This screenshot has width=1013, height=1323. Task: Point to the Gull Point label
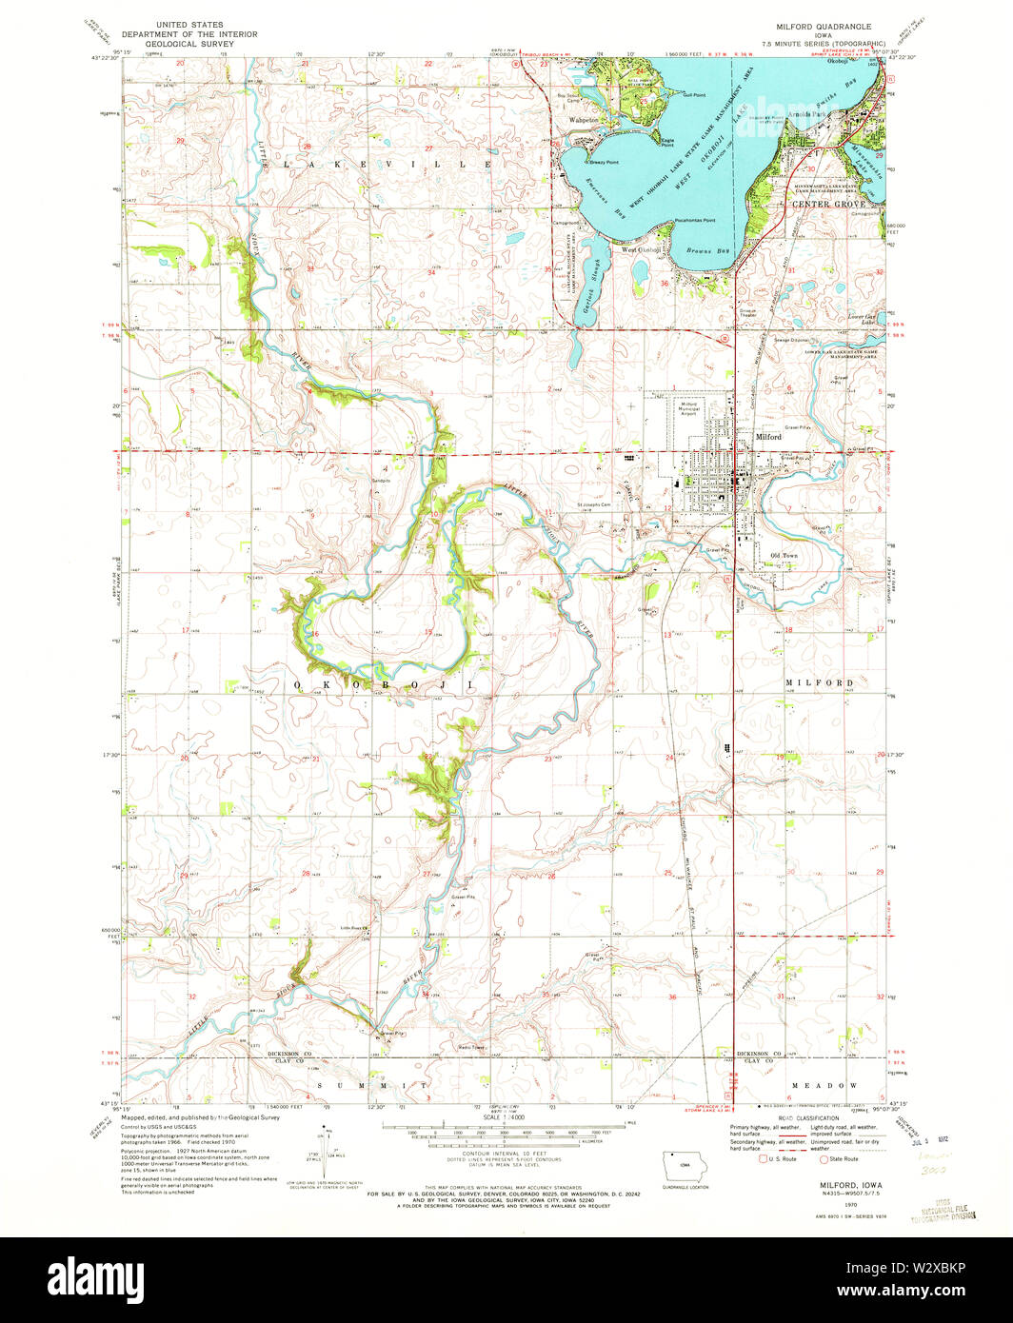[x=694, y=95]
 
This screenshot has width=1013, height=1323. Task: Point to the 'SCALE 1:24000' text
[x=506, y=1144]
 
